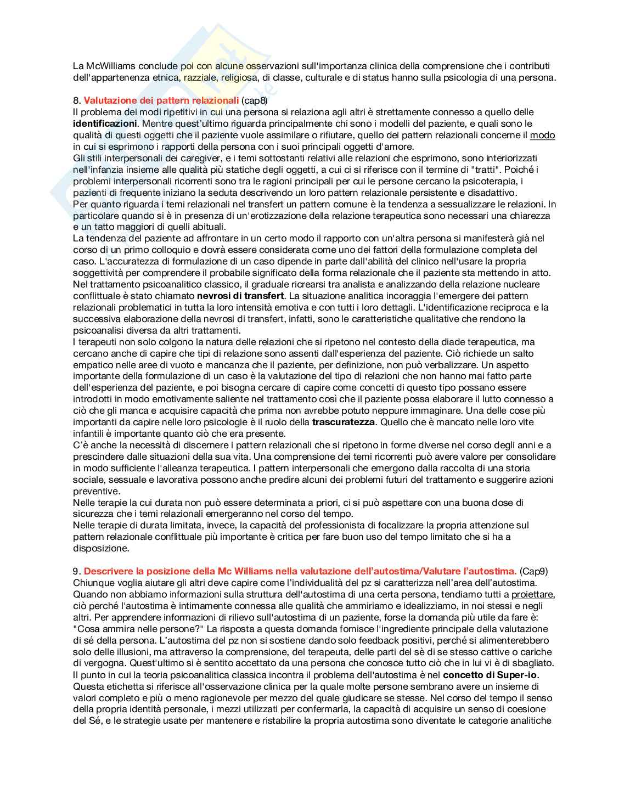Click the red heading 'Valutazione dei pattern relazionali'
[x=161, y=100]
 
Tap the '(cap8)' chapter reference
[x=254, y=100]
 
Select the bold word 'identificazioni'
[x=105, y=123]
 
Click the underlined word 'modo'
[x=542, y=135]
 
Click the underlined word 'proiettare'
[x=532, y=594]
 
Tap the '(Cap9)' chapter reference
[x=533, y=571]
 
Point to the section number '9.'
[x=77, y=571]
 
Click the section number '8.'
[x=77, y=100]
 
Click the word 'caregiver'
[x=192, y=158]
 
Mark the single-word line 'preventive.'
[x=96, y=491]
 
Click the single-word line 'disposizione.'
[x=101, y=548]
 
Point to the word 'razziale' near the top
[x=201, y=77]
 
